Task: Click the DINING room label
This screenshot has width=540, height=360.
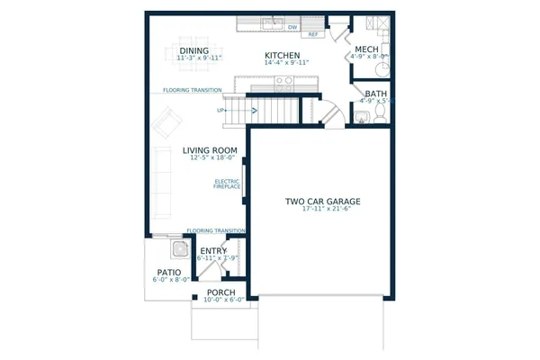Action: pyautogui.click(x=193, y=50)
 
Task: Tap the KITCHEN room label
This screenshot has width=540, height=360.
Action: pyautogui.click(x=282, y=56)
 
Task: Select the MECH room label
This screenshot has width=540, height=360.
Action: pyautogui.click(x=366, y=49)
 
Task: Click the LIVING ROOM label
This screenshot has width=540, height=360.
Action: pyautogui.click(x=210, y=150)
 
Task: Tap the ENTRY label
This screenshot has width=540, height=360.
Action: pyautogui.click(x=213, y=252)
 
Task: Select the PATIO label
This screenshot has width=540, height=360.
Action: pyautogui.click(x=169, y=272)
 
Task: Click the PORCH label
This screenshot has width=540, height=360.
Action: pyautogui.click(x=221, y=292)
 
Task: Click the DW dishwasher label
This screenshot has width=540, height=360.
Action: pyautogui.click(x=292, y=27)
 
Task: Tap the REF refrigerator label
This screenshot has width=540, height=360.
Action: pyautogui.click(x=313, y=35)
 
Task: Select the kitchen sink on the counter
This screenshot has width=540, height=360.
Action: pyautogui.click(x=269, y=23)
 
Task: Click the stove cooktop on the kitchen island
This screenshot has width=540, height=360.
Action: pyautogui.click(x=283, y=82)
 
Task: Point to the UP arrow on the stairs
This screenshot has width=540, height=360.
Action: pyautogui.click(x=221, y=111)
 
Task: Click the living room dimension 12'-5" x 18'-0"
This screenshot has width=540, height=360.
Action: pyautogui.click(x=210, y=159)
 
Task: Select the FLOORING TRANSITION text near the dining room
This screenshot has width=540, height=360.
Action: pyautogui.click(x=194, y=90)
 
